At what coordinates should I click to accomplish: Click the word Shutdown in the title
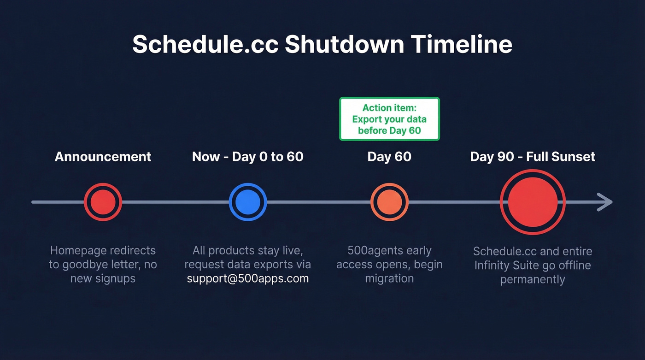click(x=344, y=45)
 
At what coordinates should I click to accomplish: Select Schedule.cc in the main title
click(x=205, y=45)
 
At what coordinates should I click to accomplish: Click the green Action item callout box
click(x=389, y=119)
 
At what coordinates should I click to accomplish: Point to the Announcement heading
click(x=103, y=157)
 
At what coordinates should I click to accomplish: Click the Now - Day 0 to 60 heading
click(x=247, y=157)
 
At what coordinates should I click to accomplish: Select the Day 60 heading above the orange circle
click(x=389, y=157)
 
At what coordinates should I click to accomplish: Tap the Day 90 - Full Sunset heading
click(x=532, y=157)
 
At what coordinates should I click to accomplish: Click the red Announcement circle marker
click(x=103, y=202)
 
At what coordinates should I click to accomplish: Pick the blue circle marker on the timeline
click(x=247, y=202)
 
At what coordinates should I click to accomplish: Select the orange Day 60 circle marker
click(x=389, y=202)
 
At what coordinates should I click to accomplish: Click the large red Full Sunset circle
click(x=533, y=202)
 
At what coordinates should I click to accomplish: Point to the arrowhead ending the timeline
click(x=605, y=202)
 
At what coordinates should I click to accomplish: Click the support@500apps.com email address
click(x=247, y=279)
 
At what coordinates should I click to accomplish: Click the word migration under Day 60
click(x=389, y=279)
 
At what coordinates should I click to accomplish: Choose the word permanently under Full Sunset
click(x=532, y=280)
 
